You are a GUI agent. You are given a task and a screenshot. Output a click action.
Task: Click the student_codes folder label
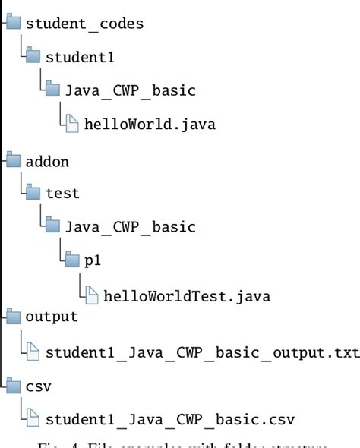[84, 23]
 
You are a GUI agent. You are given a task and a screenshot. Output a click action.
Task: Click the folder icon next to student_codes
[14, 23]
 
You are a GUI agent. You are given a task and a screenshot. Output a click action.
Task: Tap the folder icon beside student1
[33, 57]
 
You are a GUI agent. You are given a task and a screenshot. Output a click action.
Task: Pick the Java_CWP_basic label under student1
[131, 90]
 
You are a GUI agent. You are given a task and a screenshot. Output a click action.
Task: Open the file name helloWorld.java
[150, 125]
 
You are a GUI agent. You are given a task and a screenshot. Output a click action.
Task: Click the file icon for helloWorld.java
[72, 125]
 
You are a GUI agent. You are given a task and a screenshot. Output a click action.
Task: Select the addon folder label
[48, 161]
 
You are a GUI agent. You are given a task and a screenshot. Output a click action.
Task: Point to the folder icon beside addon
[14, 160]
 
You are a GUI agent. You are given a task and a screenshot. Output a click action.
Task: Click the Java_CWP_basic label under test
[131, 227]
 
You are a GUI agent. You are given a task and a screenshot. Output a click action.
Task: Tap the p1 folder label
[93, 260]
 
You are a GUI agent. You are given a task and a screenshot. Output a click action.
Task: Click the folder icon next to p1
[72, 260]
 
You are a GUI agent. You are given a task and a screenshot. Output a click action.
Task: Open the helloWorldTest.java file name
[188, 295]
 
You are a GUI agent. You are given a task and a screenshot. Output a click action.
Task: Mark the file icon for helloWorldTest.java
[91, 295]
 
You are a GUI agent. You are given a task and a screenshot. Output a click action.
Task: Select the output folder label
[52, 317]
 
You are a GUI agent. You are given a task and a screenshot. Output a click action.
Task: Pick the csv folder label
[39, 386]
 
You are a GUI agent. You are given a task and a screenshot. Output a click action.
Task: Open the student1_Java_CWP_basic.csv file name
[170, 419]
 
